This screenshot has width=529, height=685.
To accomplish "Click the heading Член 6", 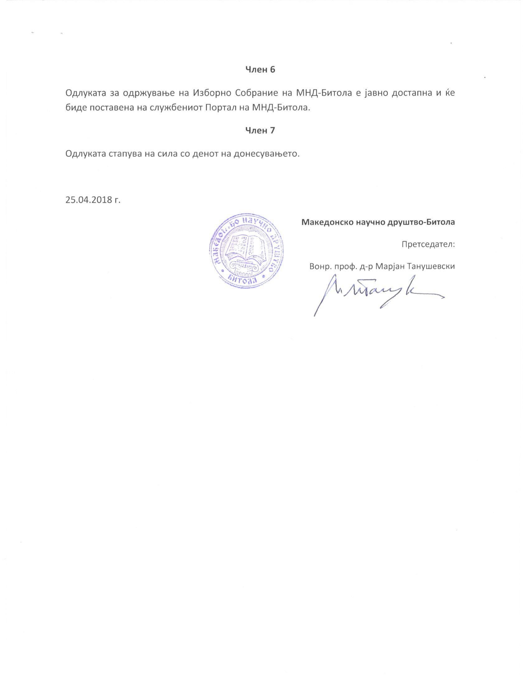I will point(260,70).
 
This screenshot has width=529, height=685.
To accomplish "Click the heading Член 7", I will point(260,130).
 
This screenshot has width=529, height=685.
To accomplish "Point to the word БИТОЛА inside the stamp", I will point(243,280).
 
